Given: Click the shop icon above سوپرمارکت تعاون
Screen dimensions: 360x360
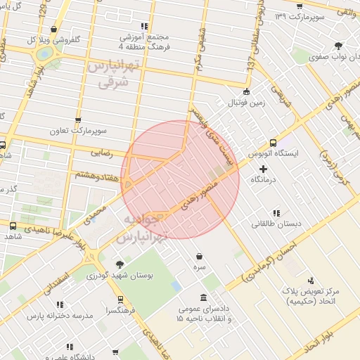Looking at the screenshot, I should point(77,120).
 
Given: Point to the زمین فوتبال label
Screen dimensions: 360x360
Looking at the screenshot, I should point(245,103).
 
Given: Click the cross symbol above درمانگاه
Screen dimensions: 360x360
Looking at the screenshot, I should point(264,169).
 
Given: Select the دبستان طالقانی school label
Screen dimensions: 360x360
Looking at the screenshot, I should point(277,224).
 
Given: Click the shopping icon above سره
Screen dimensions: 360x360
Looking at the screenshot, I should point(200,257).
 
